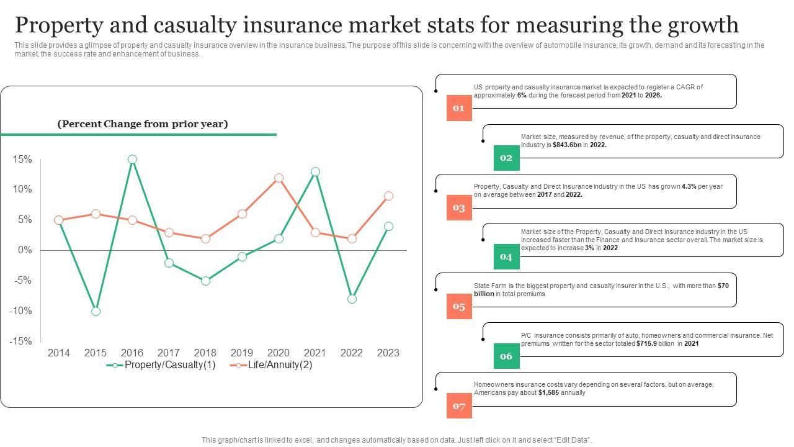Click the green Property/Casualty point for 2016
click(132, 160)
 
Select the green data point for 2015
click(96, 311)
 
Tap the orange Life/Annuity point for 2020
click(279, 178)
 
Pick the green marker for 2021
click(315, 172)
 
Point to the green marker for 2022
click(352, 299)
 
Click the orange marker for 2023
click(388, 196)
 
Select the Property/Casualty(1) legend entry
click(161, 365)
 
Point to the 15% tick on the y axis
click(22, 160)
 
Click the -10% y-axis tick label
click(20, 310)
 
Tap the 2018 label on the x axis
click(205, 353)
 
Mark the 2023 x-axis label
click(388, 353)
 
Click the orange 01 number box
click(459, 108)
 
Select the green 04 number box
click(506, 257)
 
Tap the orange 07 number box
click(459, 406)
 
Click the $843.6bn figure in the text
click(567, 145)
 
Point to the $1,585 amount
click(548, 392)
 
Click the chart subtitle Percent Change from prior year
click(143, 124)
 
